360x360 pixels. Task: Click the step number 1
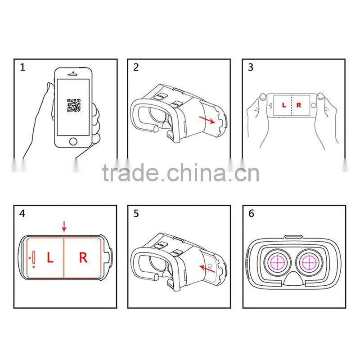point(22,67)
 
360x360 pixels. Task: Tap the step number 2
point(136,67)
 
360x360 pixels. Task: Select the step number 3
point(251,67)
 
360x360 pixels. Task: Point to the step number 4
point(22,213)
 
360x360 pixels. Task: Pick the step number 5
point(136,213)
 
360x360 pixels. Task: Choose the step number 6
point(252,213)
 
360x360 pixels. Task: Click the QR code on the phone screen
point(74,106)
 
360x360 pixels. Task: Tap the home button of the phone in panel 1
point(73,141)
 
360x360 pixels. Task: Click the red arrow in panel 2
point(207,120)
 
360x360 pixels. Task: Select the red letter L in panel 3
point(284,105)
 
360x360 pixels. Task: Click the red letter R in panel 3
point(299,105)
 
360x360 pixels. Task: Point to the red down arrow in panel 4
point(64,226)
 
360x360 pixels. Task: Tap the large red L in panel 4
point(50,257)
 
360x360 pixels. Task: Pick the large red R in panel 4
point(83,257)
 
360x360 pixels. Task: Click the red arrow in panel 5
point(207,269)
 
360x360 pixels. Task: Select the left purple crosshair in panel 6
point(277,262)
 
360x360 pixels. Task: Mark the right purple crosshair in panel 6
point(309,262)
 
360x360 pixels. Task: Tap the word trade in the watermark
point(130,173)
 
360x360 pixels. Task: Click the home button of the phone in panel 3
point(313,105)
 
